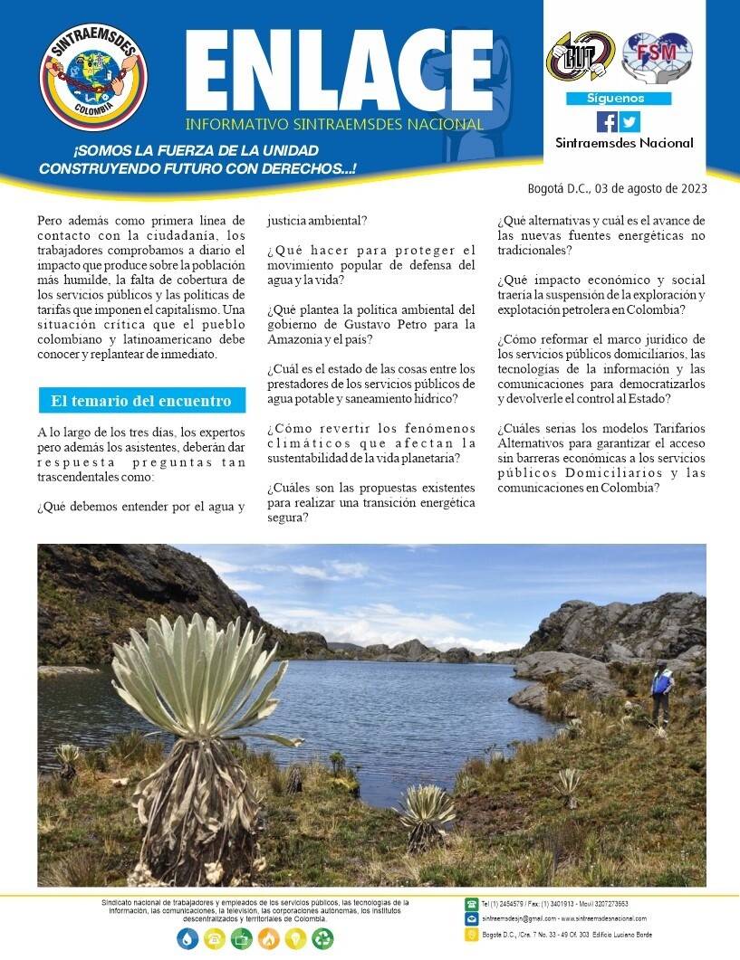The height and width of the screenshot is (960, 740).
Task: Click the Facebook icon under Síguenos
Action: [607, 121]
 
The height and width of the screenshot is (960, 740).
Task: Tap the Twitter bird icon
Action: [629, 121]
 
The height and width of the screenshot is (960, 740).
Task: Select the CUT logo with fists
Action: [580, 55]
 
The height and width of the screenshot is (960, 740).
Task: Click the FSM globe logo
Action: [656, 55]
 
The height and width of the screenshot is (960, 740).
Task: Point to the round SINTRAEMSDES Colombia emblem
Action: [93, 76]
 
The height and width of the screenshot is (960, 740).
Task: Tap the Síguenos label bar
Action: [618, 99]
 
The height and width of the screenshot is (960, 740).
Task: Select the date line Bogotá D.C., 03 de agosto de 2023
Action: [617, 188]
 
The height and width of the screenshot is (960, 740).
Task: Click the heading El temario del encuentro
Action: [140, 400]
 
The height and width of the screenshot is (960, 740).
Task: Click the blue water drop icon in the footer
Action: [187, 938]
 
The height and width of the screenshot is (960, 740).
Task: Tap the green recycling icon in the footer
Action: [322, 938]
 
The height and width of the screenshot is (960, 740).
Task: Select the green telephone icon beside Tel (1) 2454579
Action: [471, 904]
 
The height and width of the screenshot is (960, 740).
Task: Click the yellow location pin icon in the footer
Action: [471, 934]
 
